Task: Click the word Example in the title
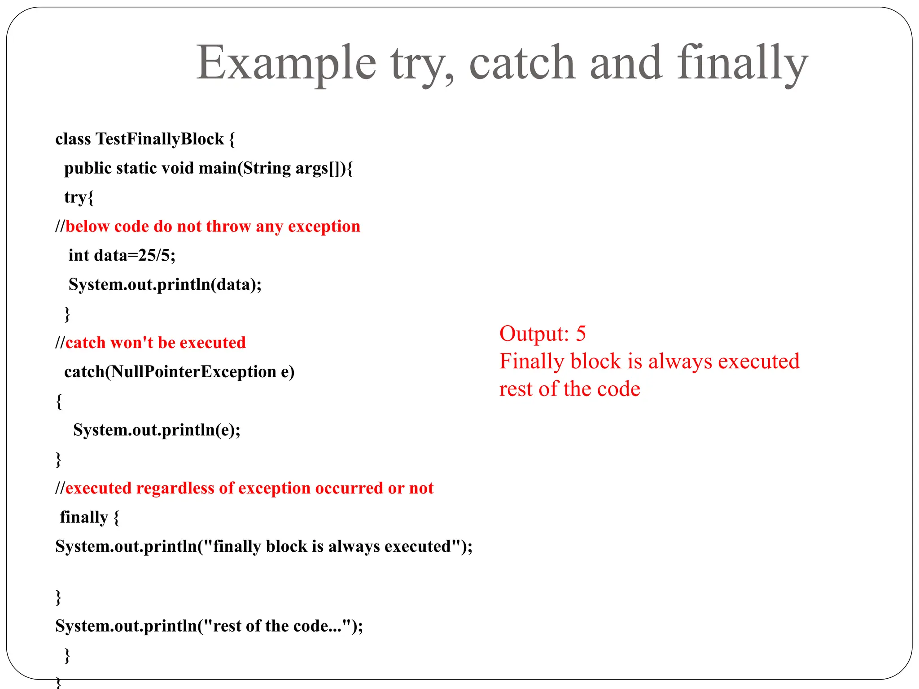[x=286, y=63]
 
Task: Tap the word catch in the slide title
[x=522, y=63]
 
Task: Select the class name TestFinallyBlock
[x=160, y=139]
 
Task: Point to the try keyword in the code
[x=75, y=197]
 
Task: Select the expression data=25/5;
[x=135, y=256]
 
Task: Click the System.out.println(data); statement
[x=165, y=285]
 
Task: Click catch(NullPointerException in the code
[x=170, y=372]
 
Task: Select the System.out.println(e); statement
[x=157, y=430]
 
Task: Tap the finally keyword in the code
[x=84, y=517]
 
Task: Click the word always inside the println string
[x=354, y=546]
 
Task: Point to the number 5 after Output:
[x=581, y=334]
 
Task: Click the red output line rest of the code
[x=569, y=389]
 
